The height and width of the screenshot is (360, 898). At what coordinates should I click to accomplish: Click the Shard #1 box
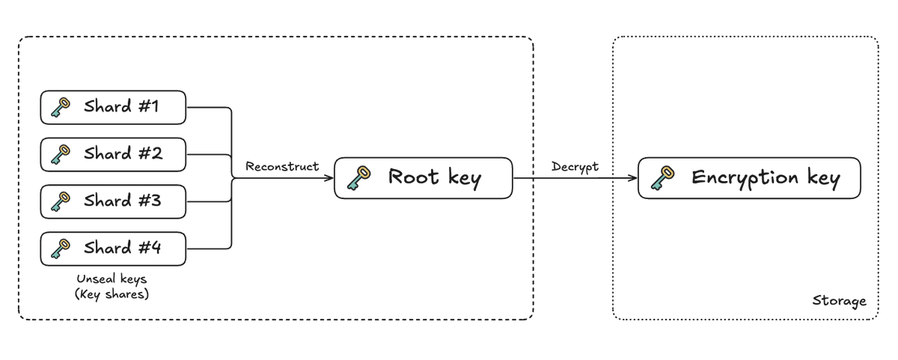coord(112,108)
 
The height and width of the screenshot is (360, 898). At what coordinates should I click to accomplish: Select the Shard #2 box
coord(112,154)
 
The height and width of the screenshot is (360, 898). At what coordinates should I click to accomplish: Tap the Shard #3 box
coord(112,201)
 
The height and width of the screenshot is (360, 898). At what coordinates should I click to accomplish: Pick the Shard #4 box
coord(112,248)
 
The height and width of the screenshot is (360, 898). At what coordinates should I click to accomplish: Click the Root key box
coord(423,177)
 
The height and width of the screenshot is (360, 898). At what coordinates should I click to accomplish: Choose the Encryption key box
coord(748,177)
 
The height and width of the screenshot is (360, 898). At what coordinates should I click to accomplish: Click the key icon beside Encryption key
coord(662,178)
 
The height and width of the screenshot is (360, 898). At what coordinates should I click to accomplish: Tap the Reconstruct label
coord(282,166)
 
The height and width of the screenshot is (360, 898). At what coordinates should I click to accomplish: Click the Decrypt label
coord(575,166)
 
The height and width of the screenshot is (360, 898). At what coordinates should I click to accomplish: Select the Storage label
coord(839,301)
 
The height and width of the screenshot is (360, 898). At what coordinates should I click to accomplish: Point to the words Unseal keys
coord(112,279)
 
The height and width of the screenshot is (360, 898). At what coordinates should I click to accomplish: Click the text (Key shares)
coord(112,294)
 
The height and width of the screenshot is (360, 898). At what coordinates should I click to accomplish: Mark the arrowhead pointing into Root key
coord(329,178)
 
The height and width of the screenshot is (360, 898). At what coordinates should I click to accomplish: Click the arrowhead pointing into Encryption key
coord(633,178)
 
